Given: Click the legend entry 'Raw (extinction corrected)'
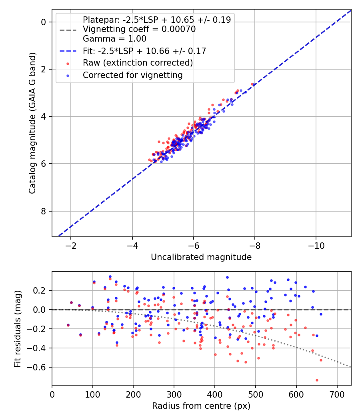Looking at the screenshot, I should click(138, 63).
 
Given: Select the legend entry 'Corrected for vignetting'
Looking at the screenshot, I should click(132, 75).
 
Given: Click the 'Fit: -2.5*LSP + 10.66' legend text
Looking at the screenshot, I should click(144, 51).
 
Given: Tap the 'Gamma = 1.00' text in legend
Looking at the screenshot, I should click(114, 39).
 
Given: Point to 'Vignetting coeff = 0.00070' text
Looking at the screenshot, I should click(139, 29).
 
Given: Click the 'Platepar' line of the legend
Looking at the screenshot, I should click(156, 20).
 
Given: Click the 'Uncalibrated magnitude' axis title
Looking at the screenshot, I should click(201, 257).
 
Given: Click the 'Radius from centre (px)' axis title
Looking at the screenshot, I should click(201, 406).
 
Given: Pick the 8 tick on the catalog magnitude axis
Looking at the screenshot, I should click(44, 211).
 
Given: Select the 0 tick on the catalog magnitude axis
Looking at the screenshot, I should click(44, 22).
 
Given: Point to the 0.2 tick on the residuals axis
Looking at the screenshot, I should click(42, 290).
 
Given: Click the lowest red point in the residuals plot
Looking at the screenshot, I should click(317, 380).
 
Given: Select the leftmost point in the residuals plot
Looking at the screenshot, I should click(68, 325).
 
